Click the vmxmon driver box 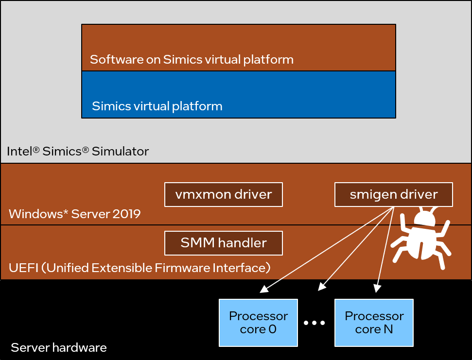click(x=224, y=195)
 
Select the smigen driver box click(x=394, y=195)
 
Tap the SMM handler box click(x=224, y=243)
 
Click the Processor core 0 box click(x=258, y=323)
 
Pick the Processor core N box click(x=374, y=323)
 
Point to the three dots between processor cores click(x=315, y=323)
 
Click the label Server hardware click(x=58, y=347)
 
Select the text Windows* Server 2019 click(x=74, y=214)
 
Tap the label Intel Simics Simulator click(x=78, y=151)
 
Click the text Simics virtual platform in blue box click(x=157, y=106)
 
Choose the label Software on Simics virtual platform click(x=192, y=60)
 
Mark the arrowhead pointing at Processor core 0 click(x=263, y=290)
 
